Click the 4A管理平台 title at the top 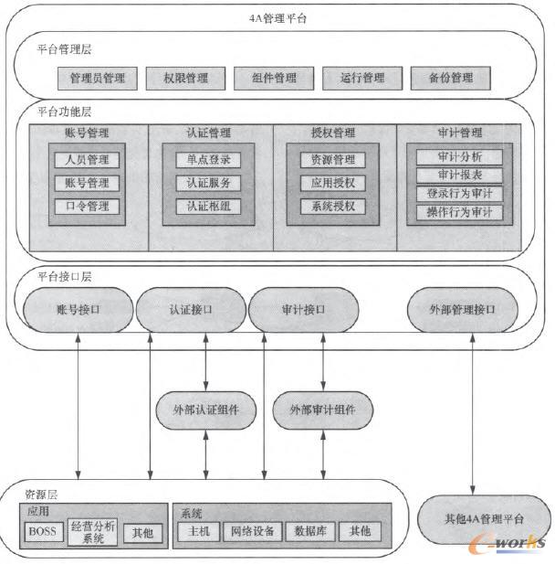[x=277, y=17]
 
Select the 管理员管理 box [x=97, y=78]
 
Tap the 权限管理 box [x=183, y=78]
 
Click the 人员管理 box [x=87, y=160]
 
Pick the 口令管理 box [x=87, y=207]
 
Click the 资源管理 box [x=332, y=160]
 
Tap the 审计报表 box [x=458, y=175]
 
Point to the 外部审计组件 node [x=322, y=409]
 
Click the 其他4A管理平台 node [x=474, y=518]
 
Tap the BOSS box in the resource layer [x=42, y=532]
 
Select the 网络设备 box [x=251, y=531]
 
